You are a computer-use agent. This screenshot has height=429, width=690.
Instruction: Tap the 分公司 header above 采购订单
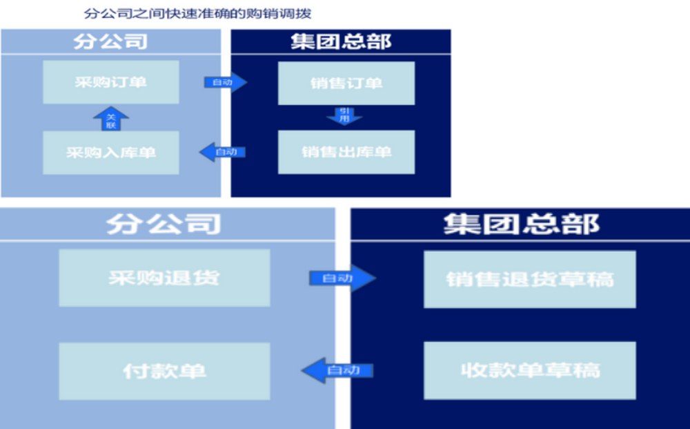coord(110,41)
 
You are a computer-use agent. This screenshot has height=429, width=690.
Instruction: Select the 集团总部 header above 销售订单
coord(341,41)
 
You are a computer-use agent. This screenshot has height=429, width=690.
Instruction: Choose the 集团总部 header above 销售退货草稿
coord(521,224)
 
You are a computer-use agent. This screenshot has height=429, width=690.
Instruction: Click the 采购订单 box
coord(110,82)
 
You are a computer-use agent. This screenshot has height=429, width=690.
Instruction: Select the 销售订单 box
coord(346,83)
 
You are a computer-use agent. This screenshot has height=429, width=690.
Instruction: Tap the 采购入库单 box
coord(110,153)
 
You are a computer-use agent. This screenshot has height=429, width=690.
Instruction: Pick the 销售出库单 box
coord(346,152)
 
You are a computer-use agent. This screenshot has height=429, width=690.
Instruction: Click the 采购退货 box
coord(164,278)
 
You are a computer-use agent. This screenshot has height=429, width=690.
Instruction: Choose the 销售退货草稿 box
coord(529,279)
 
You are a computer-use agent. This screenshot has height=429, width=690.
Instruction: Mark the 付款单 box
coord(164,370)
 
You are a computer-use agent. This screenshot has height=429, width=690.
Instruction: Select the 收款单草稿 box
coord(529,370)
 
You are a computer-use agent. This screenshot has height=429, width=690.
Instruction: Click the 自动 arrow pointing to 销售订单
coord(225,83)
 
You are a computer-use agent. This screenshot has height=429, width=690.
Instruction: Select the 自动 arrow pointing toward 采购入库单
coord(223,152)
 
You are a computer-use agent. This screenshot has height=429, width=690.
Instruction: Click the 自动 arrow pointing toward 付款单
coord(338,370)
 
